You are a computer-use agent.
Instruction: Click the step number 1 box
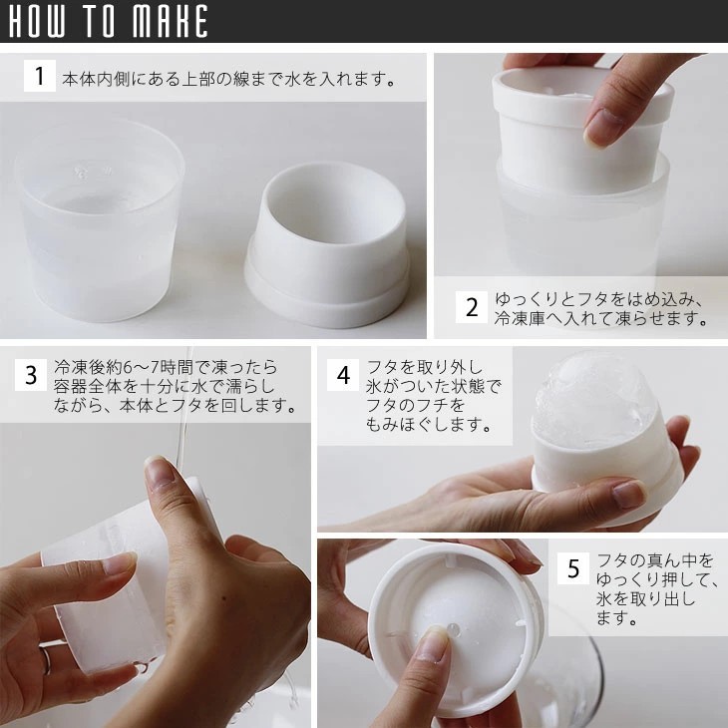(x=40, y=76)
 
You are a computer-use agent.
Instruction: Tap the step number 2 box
(x=472, y=307)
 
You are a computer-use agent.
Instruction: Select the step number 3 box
(x=31, y=375)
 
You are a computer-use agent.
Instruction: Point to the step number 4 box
(x=343, y=375)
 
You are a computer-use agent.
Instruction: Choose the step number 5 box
(x=573, y=568)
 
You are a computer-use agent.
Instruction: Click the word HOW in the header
(x=37, y=21)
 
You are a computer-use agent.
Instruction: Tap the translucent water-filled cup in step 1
(x=100, y=220)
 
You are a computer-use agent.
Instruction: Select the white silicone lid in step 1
(x=327, y=244)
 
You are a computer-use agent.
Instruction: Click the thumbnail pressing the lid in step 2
(x=602, y=128)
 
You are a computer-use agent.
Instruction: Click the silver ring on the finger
(x=46, y=661)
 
